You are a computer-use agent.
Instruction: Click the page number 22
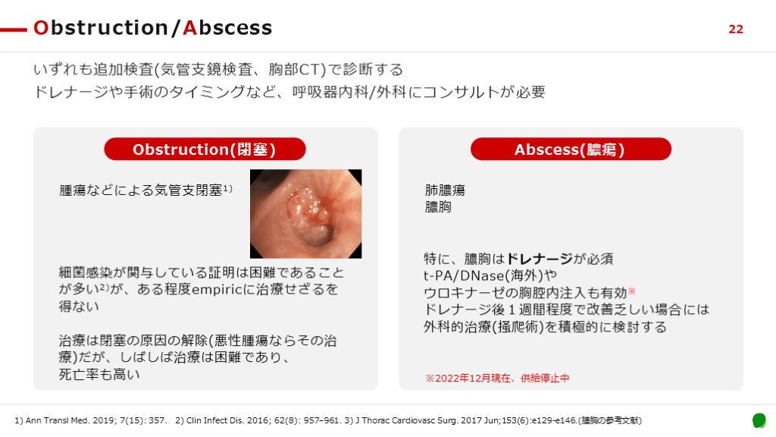point(736,30)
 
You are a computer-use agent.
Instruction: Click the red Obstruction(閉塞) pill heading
point(205,149)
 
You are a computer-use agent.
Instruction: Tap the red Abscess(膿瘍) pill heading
point(571,149)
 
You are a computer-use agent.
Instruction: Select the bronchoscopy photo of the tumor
point(306,213)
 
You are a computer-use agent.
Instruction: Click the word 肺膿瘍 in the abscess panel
point(445,190)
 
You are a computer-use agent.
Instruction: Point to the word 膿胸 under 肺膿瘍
point(438,206)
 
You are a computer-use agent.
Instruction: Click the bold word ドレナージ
point(540,259)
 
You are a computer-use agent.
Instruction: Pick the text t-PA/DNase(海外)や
point(490,275)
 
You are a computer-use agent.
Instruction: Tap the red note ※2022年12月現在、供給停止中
point(497,378)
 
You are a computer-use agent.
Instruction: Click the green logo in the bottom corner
point(759,420)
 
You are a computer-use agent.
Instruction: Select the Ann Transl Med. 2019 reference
point(91,420)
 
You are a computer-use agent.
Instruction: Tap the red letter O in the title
point(41,28)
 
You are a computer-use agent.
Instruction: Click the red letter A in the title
point(190,28)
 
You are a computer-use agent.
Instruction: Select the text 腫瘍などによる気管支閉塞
point(140,190)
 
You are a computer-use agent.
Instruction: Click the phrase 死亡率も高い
point(99,374)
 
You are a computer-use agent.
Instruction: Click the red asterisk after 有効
point(631,291)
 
